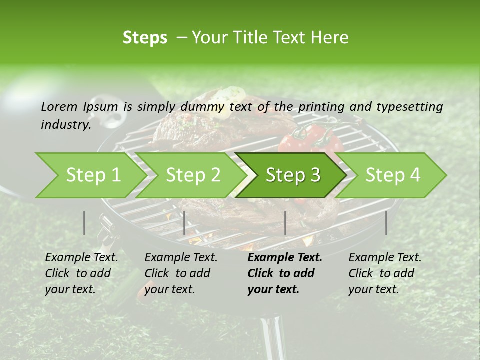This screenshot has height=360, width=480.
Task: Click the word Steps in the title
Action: point(145,38)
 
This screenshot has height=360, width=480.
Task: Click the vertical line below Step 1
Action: point(84,223)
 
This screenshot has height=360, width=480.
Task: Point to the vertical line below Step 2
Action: point(184,223)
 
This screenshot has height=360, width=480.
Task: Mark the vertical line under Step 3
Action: point(285,223)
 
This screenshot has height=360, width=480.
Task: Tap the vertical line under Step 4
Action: point(386,223)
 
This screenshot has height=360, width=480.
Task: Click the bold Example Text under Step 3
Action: point(285,273)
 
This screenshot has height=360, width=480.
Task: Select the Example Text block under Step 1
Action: point(81,273)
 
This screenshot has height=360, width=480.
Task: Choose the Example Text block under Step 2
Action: point(181,273)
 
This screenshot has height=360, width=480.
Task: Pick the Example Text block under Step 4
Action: point(385,273)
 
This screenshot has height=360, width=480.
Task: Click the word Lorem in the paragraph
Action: point(59,107)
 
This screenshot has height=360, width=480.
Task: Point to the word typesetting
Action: point(412,107)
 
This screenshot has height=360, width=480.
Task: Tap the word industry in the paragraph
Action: point(65,125)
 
